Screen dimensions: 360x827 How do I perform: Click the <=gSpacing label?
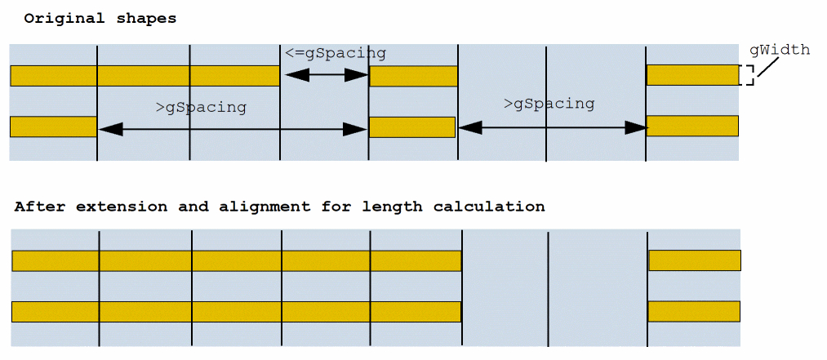(336, 53)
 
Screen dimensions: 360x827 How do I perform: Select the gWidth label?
(780, 50)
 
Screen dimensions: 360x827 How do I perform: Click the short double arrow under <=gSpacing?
(326, 75)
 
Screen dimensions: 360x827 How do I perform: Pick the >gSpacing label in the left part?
(201, 107)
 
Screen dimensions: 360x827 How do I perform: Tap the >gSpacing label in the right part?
(549, 104)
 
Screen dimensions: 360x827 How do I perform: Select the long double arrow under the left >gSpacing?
(233, 128)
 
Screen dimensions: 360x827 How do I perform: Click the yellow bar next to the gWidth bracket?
(692, 75)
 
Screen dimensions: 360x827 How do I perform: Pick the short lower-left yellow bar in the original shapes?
(53, 127)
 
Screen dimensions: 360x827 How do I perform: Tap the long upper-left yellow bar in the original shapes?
(145, 76)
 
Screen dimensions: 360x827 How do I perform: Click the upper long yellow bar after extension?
(237, 260)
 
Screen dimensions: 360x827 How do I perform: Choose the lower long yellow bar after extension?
(237, 312)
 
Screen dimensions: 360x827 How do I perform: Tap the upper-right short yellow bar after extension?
(695, 260)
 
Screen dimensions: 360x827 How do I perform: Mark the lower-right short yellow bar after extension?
(694, 312)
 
